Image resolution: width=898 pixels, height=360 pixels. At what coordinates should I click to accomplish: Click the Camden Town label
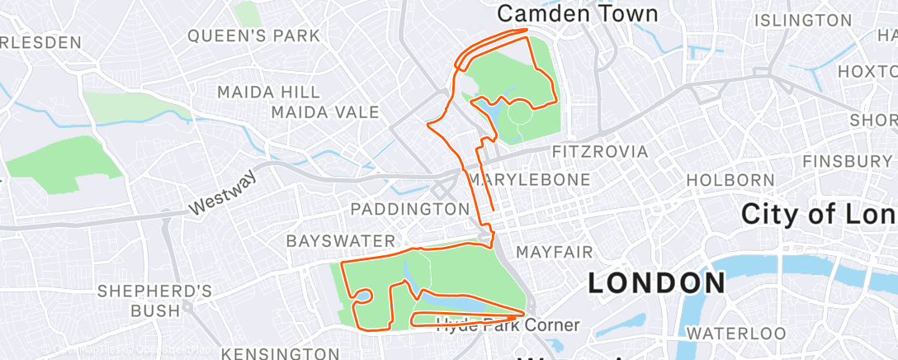tap(578, 14)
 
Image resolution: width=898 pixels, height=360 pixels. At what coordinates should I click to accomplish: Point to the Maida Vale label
tap(325, 112)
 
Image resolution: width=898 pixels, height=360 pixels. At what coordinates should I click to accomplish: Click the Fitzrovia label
tap(599, 152)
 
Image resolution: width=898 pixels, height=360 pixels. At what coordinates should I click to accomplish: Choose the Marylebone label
tap(541, 179)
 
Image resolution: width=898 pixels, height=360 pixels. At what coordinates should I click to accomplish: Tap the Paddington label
tap(410, 209)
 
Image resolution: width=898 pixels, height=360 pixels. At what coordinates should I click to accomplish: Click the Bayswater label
tap(341, 241)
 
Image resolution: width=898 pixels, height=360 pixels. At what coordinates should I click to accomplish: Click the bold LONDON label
tap(656, 283)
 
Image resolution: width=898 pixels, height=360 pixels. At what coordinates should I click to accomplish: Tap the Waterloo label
tap(727, 334)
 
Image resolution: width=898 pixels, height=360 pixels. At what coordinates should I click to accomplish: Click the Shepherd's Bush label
tap(155, 301)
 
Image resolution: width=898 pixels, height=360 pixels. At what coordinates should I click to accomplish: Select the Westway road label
tap(224, 195)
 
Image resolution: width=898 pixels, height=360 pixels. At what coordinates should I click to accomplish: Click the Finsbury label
tap(848, 160)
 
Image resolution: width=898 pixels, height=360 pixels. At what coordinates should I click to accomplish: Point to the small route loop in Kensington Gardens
tap(362, 296)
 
